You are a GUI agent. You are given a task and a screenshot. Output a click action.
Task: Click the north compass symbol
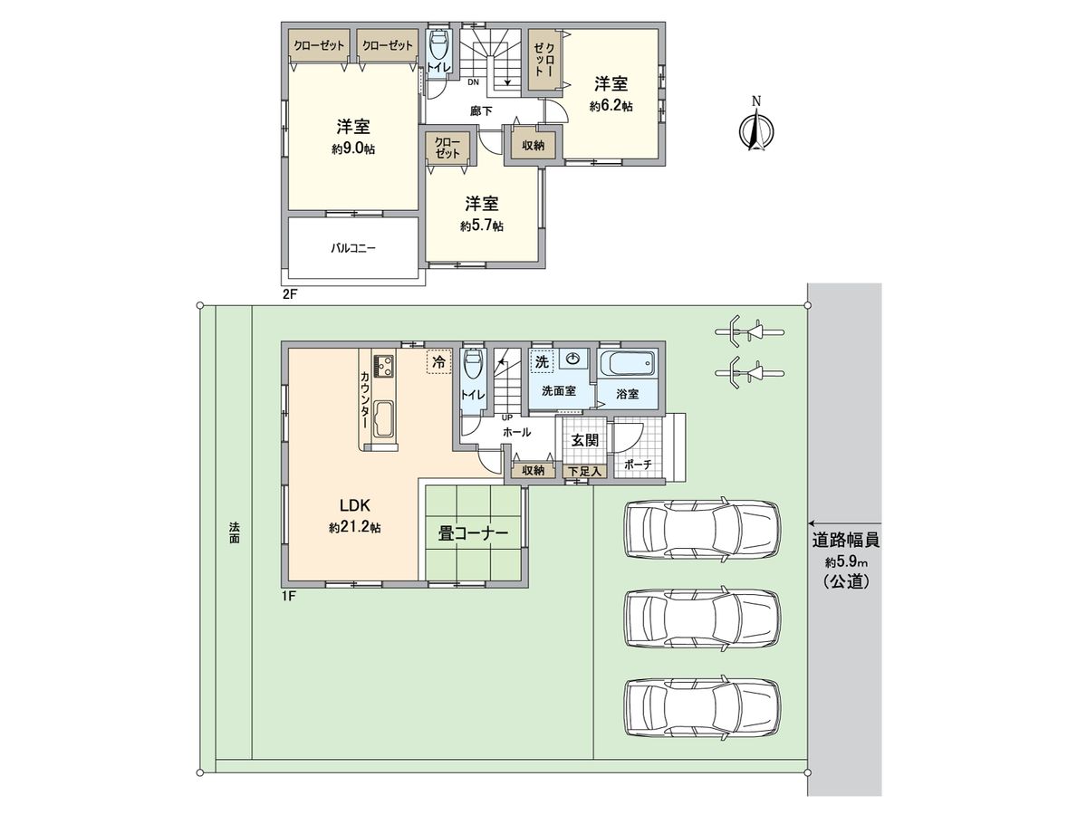(755, 130)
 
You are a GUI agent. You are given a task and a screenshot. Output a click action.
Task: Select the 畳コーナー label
(472, 534)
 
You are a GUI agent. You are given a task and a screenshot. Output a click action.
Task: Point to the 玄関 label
(584, 440)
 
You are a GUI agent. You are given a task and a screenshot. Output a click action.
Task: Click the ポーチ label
(639, 464)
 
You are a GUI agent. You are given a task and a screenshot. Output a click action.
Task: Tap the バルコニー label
(353, 246)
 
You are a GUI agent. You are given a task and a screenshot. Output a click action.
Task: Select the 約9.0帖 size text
(353, 149)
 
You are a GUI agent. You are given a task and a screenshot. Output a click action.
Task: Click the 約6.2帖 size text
(611, 106)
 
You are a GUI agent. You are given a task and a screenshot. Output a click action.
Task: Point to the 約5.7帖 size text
(482, 225)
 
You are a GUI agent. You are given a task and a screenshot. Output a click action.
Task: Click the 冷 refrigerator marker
(438, 361)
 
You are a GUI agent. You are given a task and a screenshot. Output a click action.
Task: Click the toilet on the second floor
(438, 45)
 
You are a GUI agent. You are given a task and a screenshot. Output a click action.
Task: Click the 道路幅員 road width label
(846, 541)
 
